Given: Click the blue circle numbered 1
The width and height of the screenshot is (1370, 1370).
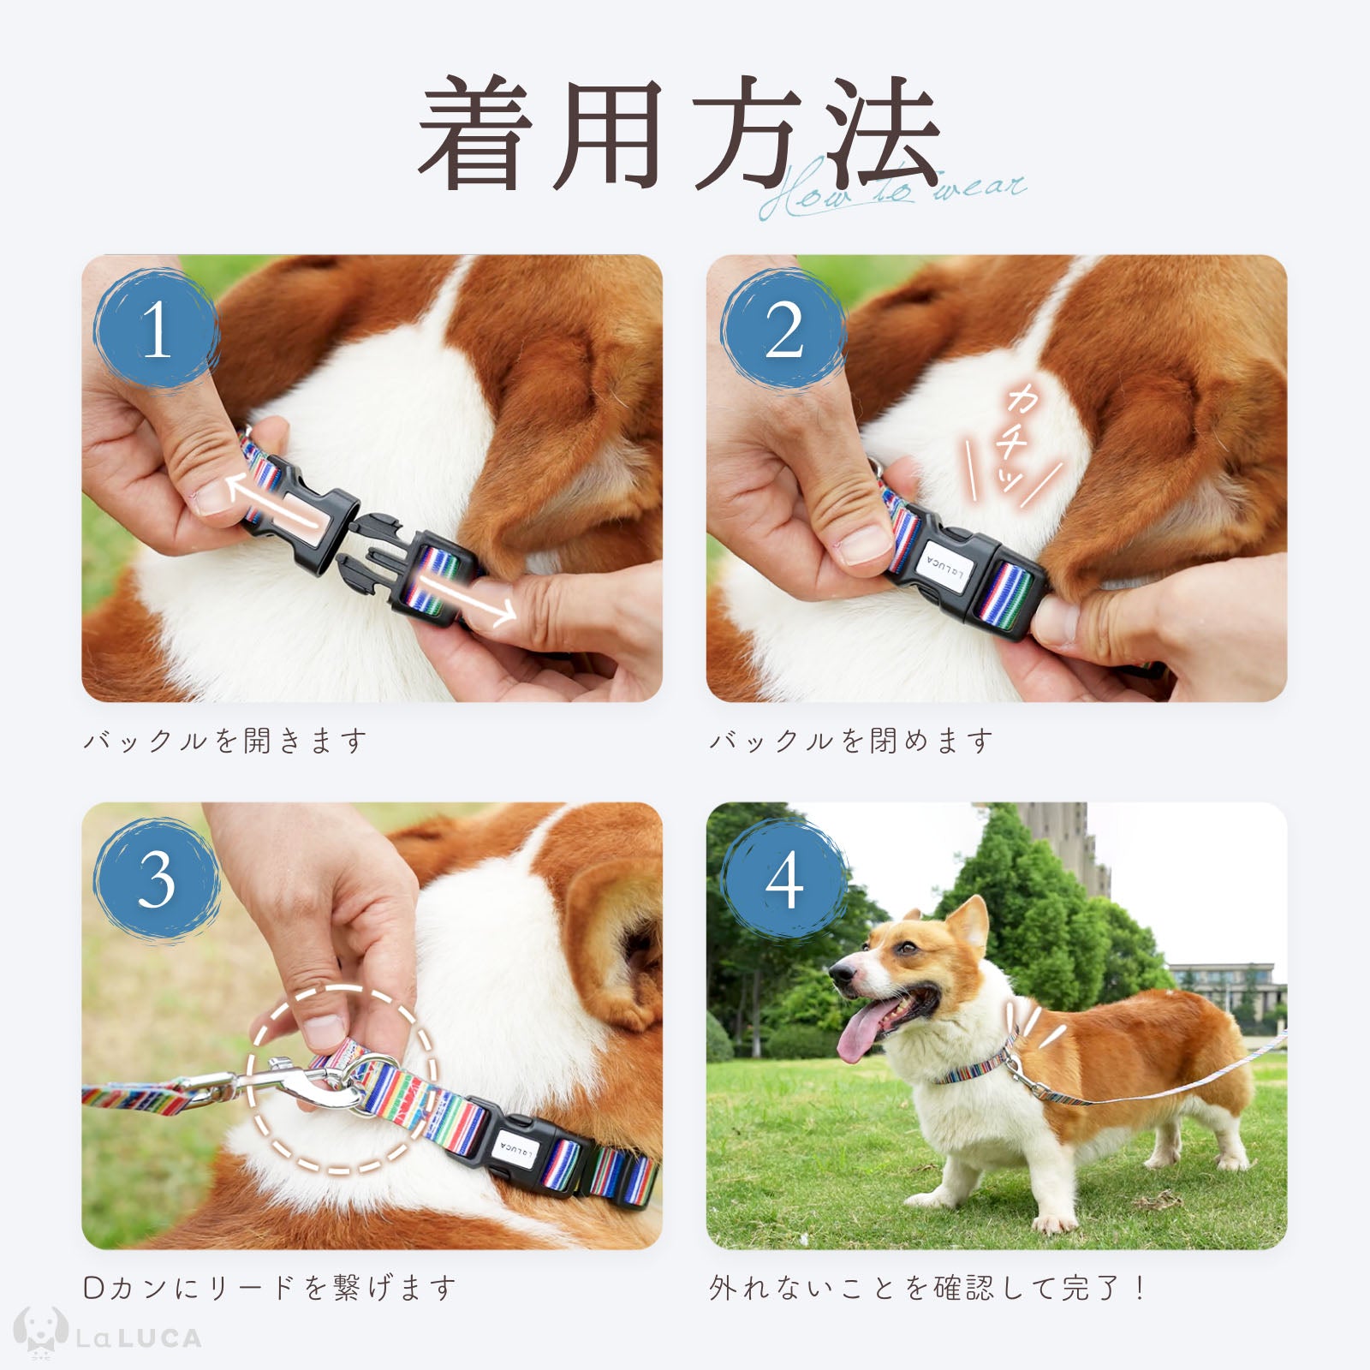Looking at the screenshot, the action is tap(155, 330).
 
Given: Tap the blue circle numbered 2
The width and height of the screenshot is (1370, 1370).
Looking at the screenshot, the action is tap(783, 330).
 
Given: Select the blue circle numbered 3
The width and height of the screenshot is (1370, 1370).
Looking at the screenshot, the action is tap(155, 879).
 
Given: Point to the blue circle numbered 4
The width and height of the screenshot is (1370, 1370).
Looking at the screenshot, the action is tap(783, 879).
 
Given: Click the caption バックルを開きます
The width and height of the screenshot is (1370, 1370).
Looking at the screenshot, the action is tap(225, 741).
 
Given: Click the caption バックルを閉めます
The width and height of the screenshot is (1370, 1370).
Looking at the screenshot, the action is tap(851, 741).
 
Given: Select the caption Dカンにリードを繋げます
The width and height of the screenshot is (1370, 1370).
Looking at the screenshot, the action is tap(270, 1288).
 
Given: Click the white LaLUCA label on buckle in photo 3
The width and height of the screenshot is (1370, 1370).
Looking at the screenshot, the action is tap(515, 1147).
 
